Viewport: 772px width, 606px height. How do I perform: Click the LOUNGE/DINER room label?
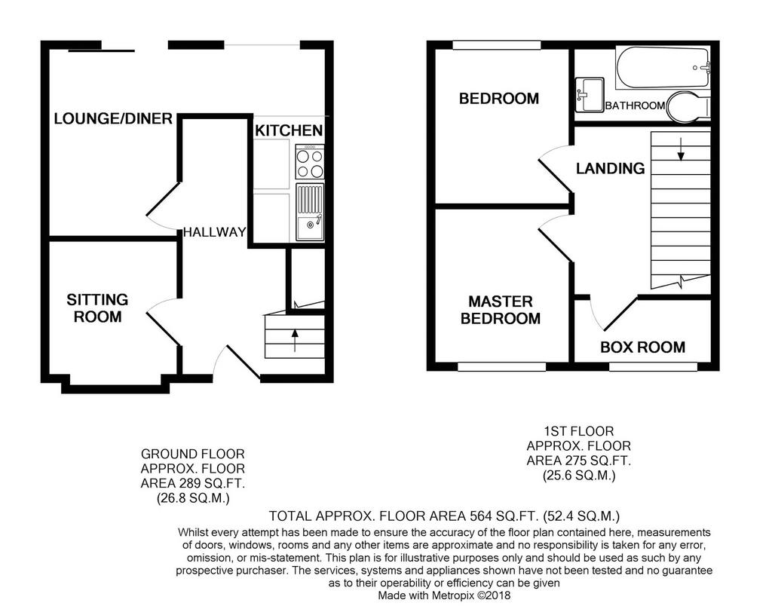(113, 118)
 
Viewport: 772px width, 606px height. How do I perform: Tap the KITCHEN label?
(289, 130)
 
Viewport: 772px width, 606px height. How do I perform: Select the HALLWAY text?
(215, 232)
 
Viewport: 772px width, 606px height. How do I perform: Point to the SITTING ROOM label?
(97, 308)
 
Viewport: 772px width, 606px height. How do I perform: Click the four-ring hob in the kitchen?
(310, 162)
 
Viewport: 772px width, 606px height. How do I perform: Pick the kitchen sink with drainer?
(310, 212)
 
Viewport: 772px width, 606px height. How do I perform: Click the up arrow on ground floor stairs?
(295, 341)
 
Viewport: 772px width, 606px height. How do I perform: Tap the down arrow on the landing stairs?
(681, 149)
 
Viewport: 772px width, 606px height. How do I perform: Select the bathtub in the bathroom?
(663, 68)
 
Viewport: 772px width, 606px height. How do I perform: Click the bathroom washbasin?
(590, 94)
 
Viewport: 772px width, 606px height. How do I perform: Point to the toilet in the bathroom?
(688, 106)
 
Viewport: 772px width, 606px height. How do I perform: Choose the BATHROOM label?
(635, 106)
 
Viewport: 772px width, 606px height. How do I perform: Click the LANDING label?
(611, 168)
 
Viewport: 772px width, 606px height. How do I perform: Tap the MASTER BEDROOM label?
(501, 310)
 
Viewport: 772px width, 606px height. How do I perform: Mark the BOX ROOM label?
(642, 347)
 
